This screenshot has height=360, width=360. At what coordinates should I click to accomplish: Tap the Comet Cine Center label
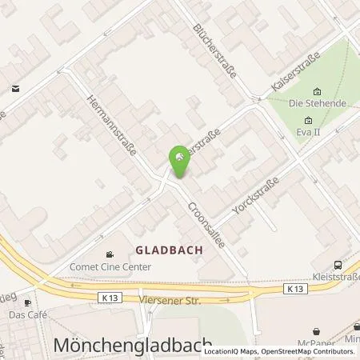111,269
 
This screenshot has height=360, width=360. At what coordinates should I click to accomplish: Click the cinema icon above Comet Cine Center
110,256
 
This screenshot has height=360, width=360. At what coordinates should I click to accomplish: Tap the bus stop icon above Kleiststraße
338,265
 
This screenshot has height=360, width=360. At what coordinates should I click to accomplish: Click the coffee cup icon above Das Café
26,303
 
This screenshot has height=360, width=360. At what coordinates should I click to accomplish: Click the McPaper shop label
316,344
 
